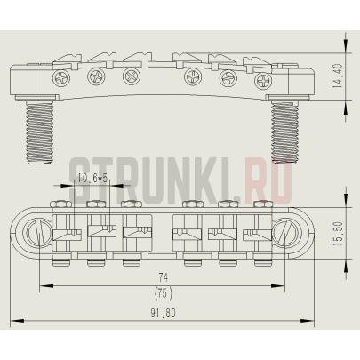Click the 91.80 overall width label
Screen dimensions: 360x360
pos(163,314)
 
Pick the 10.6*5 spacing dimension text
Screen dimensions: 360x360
pos(92,179)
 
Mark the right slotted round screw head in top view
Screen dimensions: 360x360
pos(286,235)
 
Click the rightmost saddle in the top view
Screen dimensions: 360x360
pos(257,233)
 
